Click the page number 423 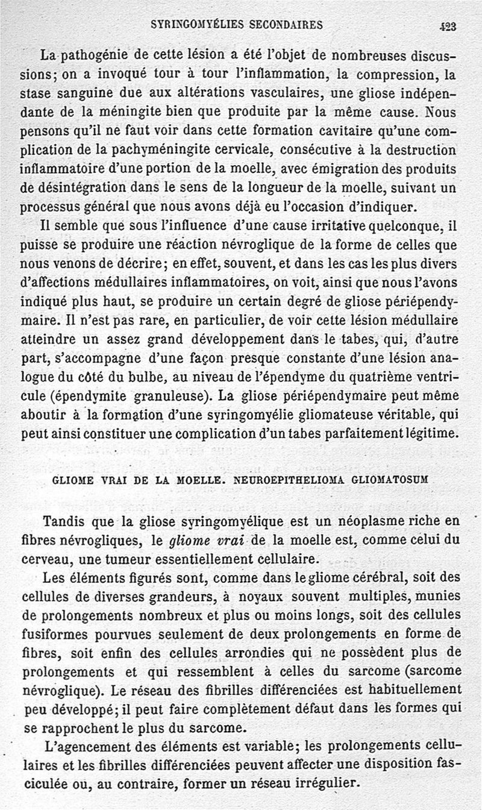coord(448,26)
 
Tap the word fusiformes coord(54,633)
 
